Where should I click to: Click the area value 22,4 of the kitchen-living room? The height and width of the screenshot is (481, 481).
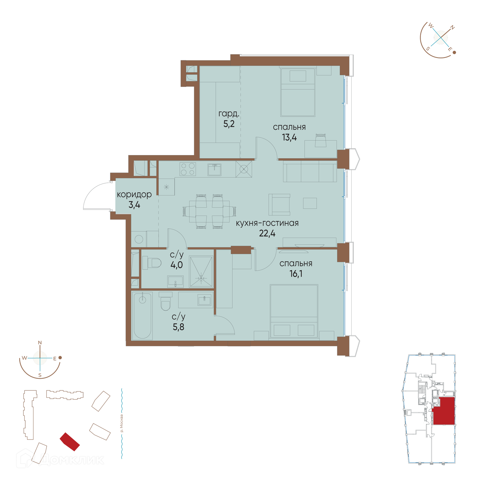pyautogui.click(x=267, y=233)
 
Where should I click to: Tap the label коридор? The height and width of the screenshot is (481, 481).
pyautogui.click(x=134, y=194)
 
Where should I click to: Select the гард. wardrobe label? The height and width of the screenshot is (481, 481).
pyautogui.click(x=229, y=114)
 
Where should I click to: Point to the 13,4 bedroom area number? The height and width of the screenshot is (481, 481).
pyautogui.click(x=289, y=137)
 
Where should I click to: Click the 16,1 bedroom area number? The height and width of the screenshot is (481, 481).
pyautogui.click(x=296, y=274)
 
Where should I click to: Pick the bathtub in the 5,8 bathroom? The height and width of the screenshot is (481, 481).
pyautogui.click(x=142, y=316)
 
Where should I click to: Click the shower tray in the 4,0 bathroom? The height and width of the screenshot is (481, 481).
pyautogui.click(x=201, y=272)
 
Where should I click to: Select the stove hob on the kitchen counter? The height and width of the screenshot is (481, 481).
pyautogui.click(x=188, y=169)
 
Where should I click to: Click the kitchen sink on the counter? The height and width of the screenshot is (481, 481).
pyautogui.click(x=214, y=170)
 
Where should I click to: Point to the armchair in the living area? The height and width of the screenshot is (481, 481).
pyautogui.click(x=279, y=204)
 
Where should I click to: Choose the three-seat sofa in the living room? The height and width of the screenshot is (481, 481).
pyautogui.click(x=310, y=171)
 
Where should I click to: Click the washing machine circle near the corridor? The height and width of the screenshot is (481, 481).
pyautogui.click(x=139, y=239)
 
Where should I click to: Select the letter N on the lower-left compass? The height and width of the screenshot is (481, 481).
pyautogui.click(x=40, y=342)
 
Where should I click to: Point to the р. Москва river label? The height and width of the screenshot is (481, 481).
pyautogui.click(x=122, y=423)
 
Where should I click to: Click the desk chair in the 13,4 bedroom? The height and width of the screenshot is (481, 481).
pyautogui.click(x=321, y=141)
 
